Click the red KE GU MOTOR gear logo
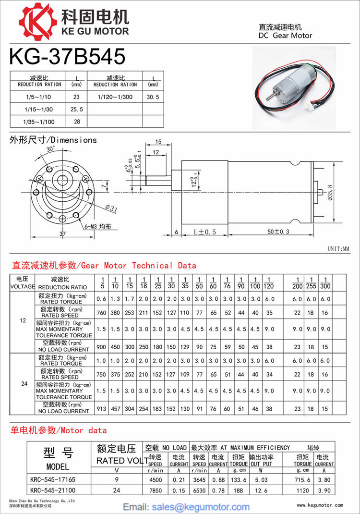37,21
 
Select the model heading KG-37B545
67,57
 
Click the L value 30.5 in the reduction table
153,97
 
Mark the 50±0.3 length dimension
279,232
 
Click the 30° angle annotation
50,149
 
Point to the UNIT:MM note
339,249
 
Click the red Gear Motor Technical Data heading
103,265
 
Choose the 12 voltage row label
23,320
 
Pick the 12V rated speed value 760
101,312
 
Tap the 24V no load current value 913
101,409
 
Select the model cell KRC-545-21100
52,490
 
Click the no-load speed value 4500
155,479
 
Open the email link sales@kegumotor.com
201,507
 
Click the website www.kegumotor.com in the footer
320,505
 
